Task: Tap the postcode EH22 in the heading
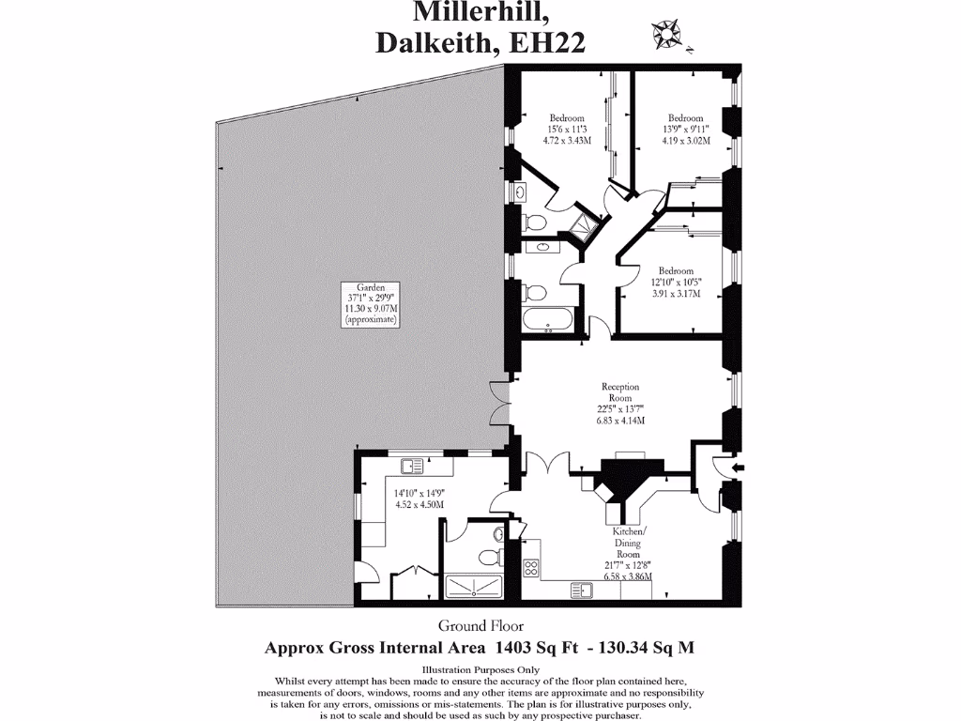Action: (x=546, y=43)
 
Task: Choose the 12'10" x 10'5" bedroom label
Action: (x=676, y=281)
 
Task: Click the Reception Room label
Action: (x=620, y=391)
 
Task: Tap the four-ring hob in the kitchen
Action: (x=530, y=567)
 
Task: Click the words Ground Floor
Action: (x=480, y=626)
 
